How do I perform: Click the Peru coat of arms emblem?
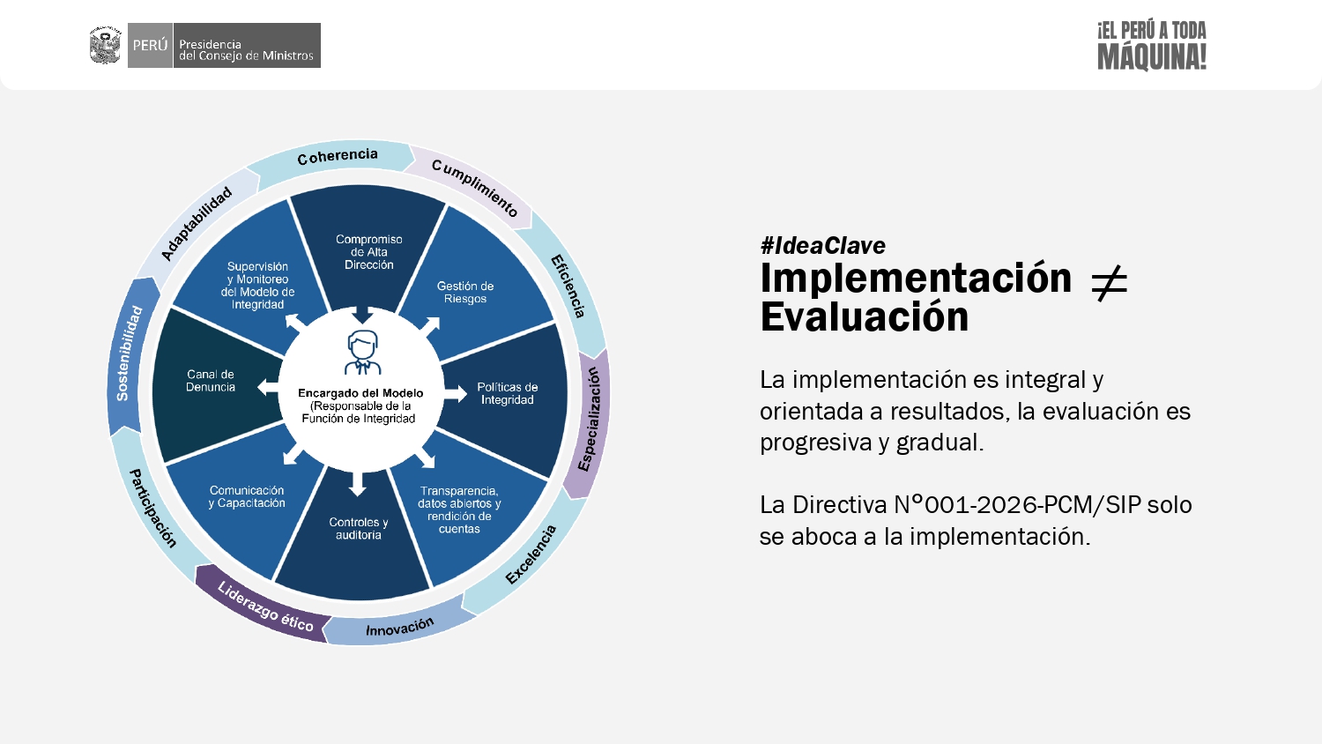(105, 45)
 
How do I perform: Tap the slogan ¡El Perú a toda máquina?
(1151, 46)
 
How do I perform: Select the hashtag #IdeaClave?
(822, 246)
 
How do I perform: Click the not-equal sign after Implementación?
(1109, 284)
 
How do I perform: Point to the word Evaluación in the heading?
(865, 317)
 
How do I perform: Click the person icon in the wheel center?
(362, 353)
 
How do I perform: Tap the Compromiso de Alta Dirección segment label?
(369, 252)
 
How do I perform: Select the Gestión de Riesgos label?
(465, 293)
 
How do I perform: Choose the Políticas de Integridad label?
(507, 393)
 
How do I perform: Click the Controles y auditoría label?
(358, 529)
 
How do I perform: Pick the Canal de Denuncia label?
(211, 381)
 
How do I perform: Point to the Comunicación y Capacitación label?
(247, 496)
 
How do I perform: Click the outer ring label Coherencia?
(338, 156)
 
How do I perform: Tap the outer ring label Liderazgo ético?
(265, 606)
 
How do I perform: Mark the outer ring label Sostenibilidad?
(129, 353)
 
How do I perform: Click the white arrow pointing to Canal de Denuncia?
(268, 387)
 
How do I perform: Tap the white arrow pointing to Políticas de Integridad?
(456, 393)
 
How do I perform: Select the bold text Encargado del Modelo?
(360, 393)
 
